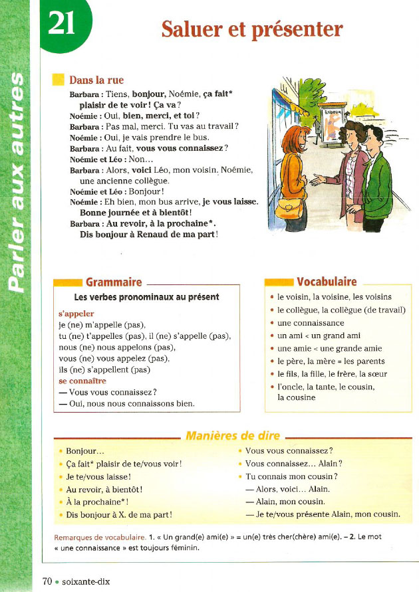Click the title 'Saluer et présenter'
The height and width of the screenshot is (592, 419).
tap(252, 29)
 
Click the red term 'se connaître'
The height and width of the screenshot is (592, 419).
tap(82, 381)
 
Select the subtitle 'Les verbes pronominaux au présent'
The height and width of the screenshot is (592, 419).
tap(146, 297)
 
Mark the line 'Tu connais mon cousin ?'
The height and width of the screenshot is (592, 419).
tap(291, 476)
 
